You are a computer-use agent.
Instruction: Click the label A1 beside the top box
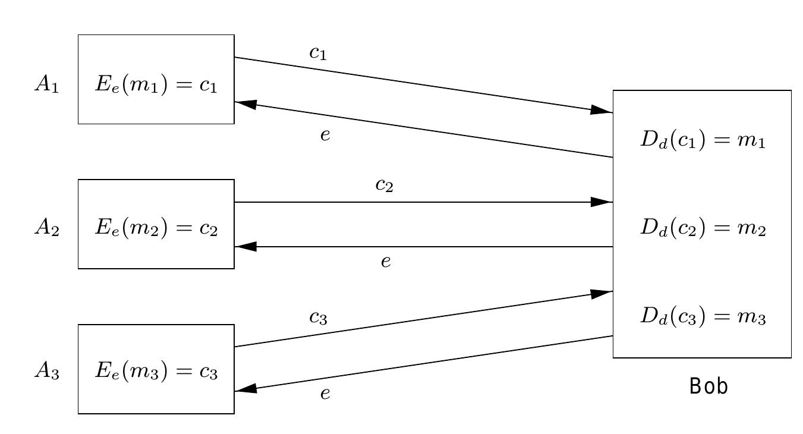pos(46,84)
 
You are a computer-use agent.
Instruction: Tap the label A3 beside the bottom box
pos(46,371)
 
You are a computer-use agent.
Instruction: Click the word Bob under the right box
pos(708,386)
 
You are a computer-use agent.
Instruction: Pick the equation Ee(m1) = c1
pos(156,84)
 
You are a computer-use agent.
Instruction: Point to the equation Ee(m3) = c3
pos(156,371)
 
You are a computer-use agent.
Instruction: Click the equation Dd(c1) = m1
pos(703,140)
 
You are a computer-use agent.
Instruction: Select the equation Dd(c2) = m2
pos(703,228)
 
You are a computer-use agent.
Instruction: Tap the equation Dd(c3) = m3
pos(703,316)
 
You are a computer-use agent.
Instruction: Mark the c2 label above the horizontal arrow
pos(384,185)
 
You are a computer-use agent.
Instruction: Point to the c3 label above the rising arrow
pos(318,317)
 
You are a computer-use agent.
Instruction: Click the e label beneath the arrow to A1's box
pos(325,136)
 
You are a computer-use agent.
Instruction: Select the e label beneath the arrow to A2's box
pos(386,262)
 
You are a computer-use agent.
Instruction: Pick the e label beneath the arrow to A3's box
pos(325,394)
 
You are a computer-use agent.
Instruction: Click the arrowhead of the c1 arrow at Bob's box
pos(602,110)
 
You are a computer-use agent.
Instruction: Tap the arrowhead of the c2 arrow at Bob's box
pos(602,202)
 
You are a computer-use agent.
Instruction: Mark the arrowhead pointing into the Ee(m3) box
pos(246,389)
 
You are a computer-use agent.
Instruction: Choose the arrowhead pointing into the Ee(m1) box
pos(246,104)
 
